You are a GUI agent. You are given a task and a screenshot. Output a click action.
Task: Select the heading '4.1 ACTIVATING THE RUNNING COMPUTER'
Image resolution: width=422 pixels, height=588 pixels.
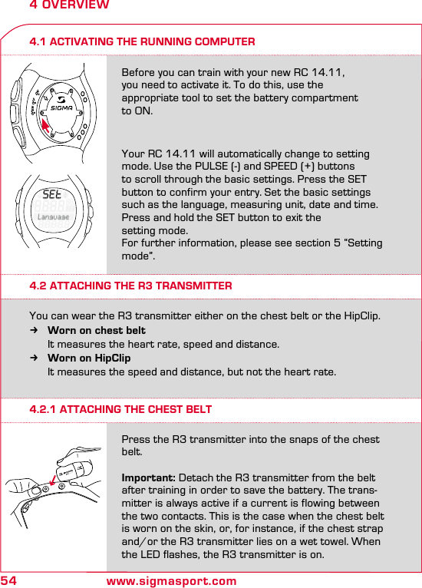click(142, 41)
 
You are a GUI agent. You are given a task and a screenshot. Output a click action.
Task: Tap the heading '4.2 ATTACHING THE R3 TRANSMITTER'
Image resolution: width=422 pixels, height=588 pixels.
click(130, 286)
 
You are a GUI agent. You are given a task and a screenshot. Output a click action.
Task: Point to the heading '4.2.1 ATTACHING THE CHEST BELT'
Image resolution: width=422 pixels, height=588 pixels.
click(120, 409)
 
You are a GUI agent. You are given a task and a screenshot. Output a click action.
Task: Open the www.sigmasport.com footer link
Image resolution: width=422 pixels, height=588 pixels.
click(171, 581)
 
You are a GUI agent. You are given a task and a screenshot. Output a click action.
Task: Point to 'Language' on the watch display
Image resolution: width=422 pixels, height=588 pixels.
click(54, 217)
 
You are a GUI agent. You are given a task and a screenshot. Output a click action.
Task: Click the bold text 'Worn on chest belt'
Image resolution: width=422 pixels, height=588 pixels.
click(97, 331)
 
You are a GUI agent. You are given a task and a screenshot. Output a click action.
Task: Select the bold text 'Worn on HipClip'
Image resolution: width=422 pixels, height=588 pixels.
click(89, 358)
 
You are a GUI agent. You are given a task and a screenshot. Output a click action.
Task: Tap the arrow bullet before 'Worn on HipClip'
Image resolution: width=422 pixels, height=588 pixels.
click(33, 358)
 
